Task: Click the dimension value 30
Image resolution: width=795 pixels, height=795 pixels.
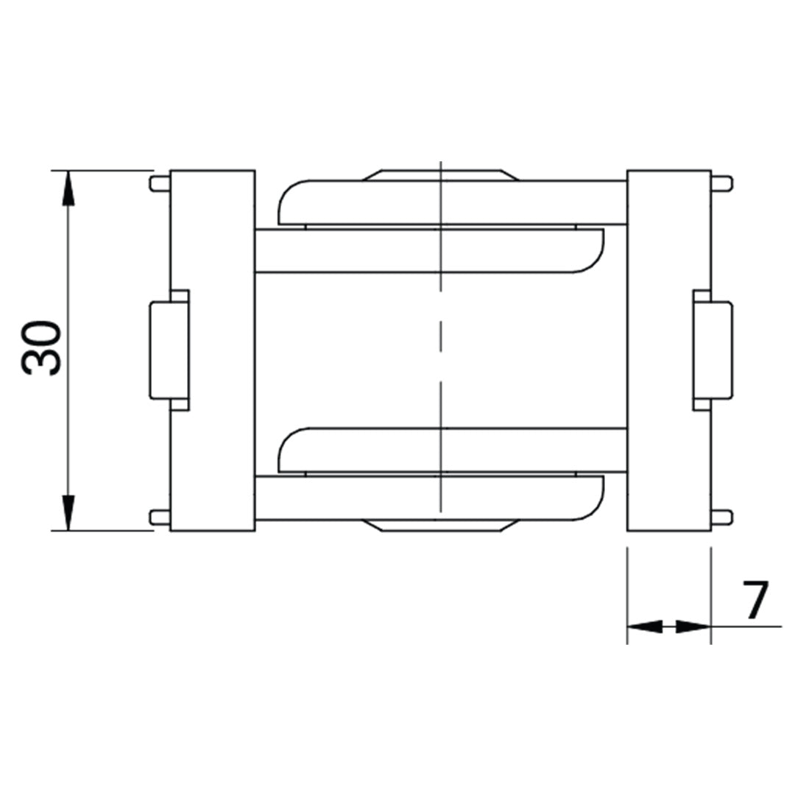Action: pyautogui.click(x=42, y=348)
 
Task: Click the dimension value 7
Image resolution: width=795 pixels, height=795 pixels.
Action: pyautogui.click(x=755, y=601)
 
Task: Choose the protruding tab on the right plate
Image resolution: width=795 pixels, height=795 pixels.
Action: pyautogui.click(x=714, y=350)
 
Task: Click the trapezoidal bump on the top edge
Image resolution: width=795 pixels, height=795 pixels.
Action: pyautogui.click(x=440, y=175)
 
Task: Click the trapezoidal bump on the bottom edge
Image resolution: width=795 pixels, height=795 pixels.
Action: pyautogui.click(x=440, y=526)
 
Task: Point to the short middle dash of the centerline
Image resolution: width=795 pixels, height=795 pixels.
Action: pyautogui.click(x=440, y=350)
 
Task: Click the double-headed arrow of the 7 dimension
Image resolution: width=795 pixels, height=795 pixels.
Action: pyautogui.click(x=668, y=626)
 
